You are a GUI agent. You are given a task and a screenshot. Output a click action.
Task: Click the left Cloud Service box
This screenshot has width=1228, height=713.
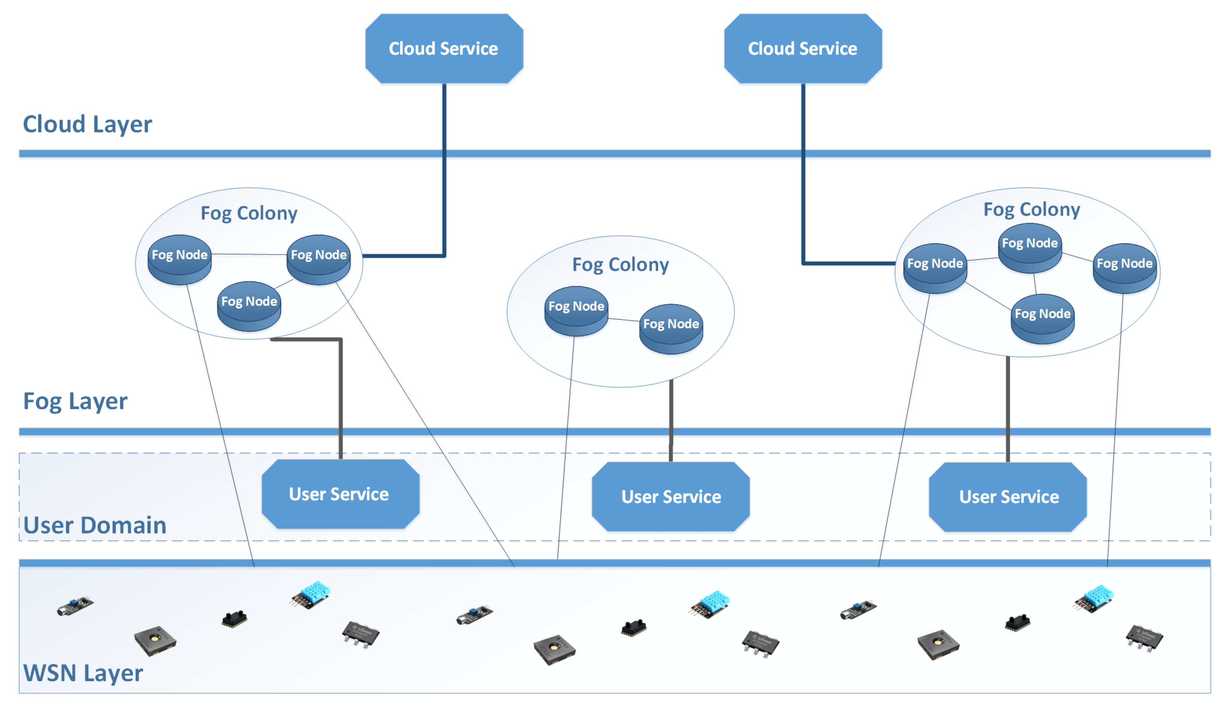444,49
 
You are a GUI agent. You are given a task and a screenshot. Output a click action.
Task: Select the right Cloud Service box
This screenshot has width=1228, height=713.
803,49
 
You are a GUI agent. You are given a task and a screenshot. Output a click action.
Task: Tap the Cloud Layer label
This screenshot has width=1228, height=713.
87,124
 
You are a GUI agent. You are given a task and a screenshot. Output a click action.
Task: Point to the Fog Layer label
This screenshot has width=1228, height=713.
75,401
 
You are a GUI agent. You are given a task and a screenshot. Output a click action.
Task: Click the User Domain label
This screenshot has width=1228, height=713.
95,526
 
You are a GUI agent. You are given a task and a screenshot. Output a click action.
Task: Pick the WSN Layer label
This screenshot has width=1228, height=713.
83,673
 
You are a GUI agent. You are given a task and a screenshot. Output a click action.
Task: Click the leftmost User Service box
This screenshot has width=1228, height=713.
340,494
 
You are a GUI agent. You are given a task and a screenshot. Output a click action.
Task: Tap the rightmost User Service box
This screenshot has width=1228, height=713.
1008,497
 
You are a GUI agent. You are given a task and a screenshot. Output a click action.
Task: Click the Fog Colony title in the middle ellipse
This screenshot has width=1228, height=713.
621,265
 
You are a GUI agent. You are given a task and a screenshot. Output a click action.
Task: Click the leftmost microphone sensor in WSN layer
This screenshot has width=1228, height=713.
75,606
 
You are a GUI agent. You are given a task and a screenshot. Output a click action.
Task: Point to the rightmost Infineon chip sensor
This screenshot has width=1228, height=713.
1144,637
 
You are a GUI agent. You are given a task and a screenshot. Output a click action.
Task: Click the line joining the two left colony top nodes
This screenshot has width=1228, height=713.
249,254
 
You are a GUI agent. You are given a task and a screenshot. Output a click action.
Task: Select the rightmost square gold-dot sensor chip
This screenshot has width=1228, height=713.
938,644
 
